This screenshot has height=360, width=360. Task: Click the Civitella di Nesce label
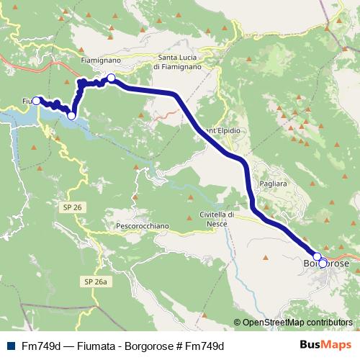(217, 220)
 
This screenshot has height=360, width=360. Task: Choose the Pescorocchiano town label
(142, 225)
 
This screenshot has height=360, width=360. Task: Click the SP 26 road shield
(70, 207)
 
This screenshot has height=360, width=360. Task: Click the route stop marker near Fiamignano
(112, 78)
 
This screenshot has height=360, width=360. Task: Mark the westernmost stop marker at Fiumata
(36, 101)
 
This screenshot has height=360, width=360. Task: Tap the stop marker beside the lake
(71, 115)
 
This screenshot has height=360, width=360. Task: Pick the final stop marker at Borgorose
(323, 264)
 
